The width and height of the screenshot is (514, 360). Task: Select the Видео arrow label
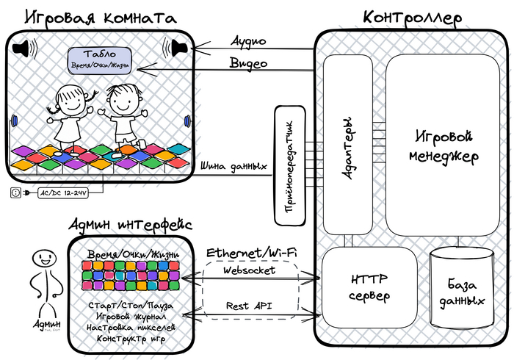[248, 63]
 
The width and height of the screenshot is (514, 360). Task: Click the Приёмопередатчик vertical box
[289, 165]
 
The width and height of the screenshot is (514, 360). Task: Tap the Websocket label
[250, 270]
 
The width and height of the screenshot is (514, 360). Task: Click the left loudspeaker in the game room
[25, 49]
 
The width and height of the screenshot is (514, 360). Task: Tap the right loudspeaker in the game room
[178, 48]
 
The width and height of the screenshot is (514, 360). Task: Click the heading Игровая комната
[101, 17]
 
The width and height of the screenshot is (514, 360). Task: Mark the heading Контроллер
[412, 16]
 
